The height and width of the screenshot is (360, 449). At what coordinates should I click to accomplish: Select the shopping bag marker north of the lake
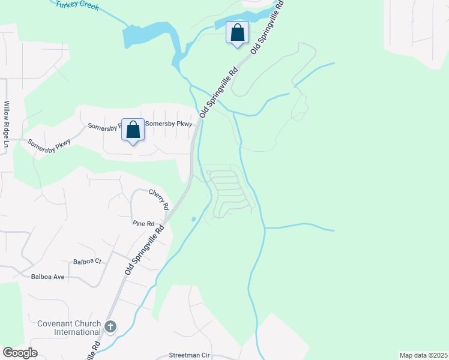(x=238, y=32)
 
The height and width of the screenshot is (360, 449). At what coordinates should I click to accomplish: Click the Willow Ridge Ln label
(x=7, y=124)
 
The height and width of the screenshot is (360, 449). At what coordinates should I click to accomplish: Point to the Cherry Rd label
(x=160, y=196)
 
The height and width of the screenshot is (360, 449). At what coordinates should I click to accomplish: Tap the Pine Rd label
(x=143, y=223)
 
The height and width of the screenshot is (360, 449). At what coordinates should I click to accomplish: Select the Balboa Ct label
(x=88, y=262)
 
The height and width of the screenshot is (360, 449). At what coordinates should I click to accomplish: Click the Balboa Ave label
(x=47, y=277)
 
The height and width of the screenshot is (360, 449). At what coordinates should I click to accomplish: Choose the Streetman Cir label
(x=189, y=355)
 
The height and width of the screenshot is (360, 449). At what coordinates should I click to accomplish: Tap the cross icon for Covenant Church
(x=110, y=327)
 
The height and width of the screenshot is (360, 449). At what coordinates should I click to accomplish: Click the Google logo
(x=20, y=353)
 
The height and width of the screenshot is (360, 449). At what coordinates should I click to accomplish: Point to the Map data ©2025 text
(x=423, y=355)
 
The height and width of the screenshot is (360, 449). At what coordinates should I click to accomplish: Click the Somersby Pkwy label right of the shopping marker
(x=172, y=124)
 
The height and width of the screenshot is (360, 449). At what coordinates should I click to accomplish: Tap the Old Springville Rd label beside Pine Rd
(x=145, y=251)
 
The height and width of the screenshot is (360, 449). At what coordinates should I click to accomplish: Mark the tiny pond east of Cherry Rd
(x=193, y=219)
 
